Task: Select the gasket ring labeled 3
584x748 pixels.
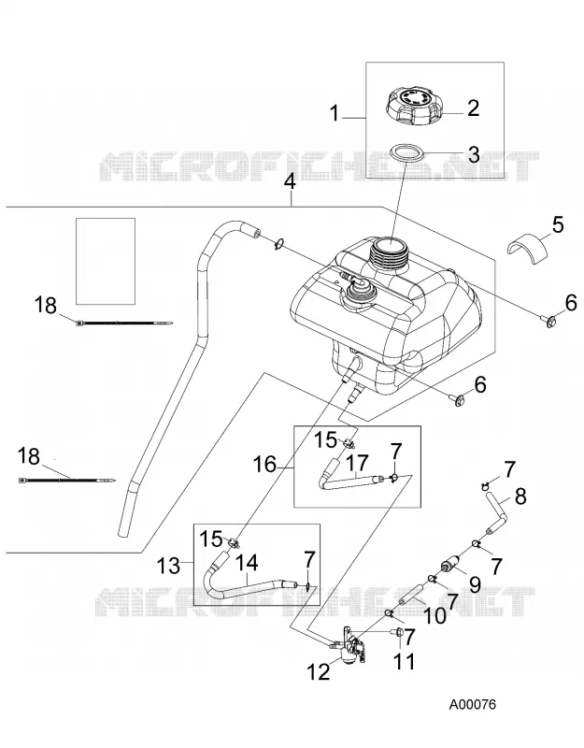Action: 406,154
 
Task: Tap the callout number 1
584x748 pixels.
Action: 335,114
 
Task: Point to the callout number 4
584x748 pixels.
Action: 290,182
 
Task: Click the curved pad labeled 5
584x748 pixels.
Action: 526,244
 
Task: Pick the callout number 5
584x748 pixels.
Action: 557,224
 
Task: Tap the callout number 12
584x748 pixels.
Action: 319,671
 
